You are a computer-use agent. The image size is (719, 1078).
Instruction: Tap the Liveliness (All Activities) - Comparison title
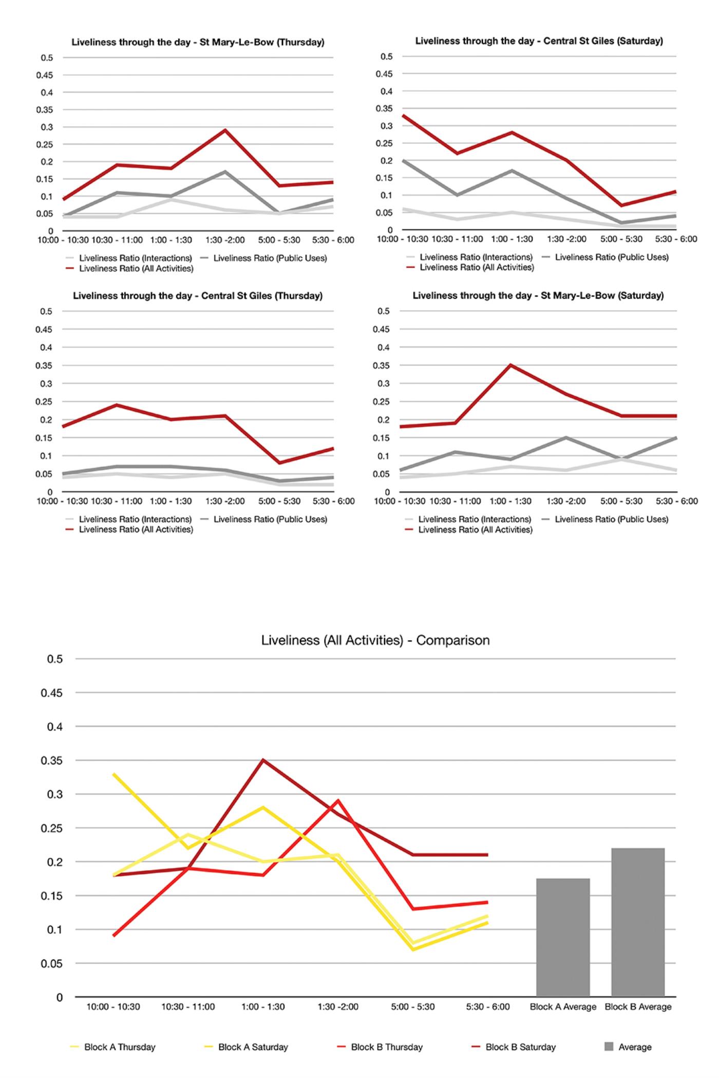pyautogui.click(x=375, y=640)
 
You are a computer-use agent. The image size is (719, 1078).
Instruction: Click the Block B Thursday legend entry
pyautogui.click(x=380, y=1047)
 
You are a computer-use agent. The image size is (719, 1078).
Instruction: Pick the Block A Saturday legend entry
pyautogui.click(x=246, y=1047)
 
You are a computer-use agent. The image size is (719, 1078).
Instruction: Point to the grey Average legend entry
pyautogui.click(x=628, y=1047)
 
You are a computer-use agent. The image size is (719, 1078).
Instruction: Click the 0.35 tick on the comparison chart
pyautogui.click(x=51, y=760)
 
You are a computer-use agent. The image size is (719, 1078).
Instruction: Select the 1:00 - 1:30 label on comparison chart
pyautogui.click(x=263, y=1007)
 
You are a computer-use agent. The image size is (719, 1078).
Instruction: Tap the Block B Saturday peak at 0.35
pyautogui.click(x=263, y=760)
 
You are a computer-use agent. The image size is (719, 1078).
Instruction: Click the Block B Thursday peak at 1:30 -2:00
pyautogui.click(x=338, y=800)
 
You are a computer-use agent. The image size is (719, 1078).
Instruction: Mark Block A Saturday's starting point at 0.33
pyautogui.click(x=113, y=774)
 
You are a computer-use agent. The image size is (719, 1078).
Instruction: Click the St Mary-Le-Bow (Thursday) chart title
pyautogui.click(x=198, y=42)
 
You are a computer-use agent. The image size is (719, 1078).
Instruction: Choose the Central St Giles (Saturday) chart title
pyautogui.click(x=539, y=41)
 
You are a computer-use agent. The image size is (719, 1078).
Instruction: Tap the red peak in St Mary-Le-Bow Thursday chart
pyautogui.click(x=225, y=130)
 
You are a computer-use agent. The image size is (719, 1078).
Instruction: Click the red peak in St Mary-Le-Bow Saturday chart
pyautogui.click(x=510, y=365)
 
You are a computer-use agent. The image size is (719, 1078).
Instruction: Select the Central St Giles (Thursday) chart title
pyautogui.click(x=198, y=296)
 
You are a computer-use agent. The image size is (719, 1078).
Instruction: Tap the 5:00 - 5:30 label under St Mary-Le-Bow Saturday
pyautogui.click(x=621, y=501)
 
